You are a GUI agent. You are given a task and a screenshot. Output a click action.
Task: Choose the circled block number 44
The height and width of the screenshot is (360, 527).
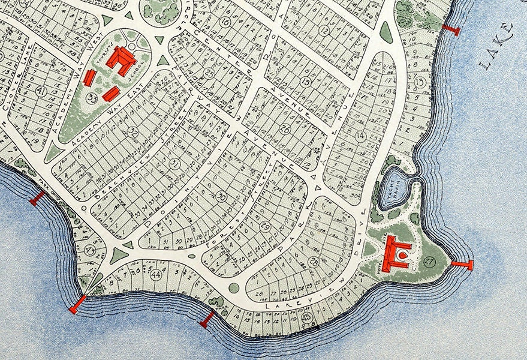(156, 275)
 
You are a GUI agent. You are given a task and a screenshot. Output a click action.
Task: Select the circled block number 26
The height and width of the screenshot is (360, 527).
(284, 128)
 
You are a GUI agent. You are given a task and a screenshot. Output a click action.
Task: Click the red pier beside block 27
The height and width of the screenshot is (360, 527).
(463, 265)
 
